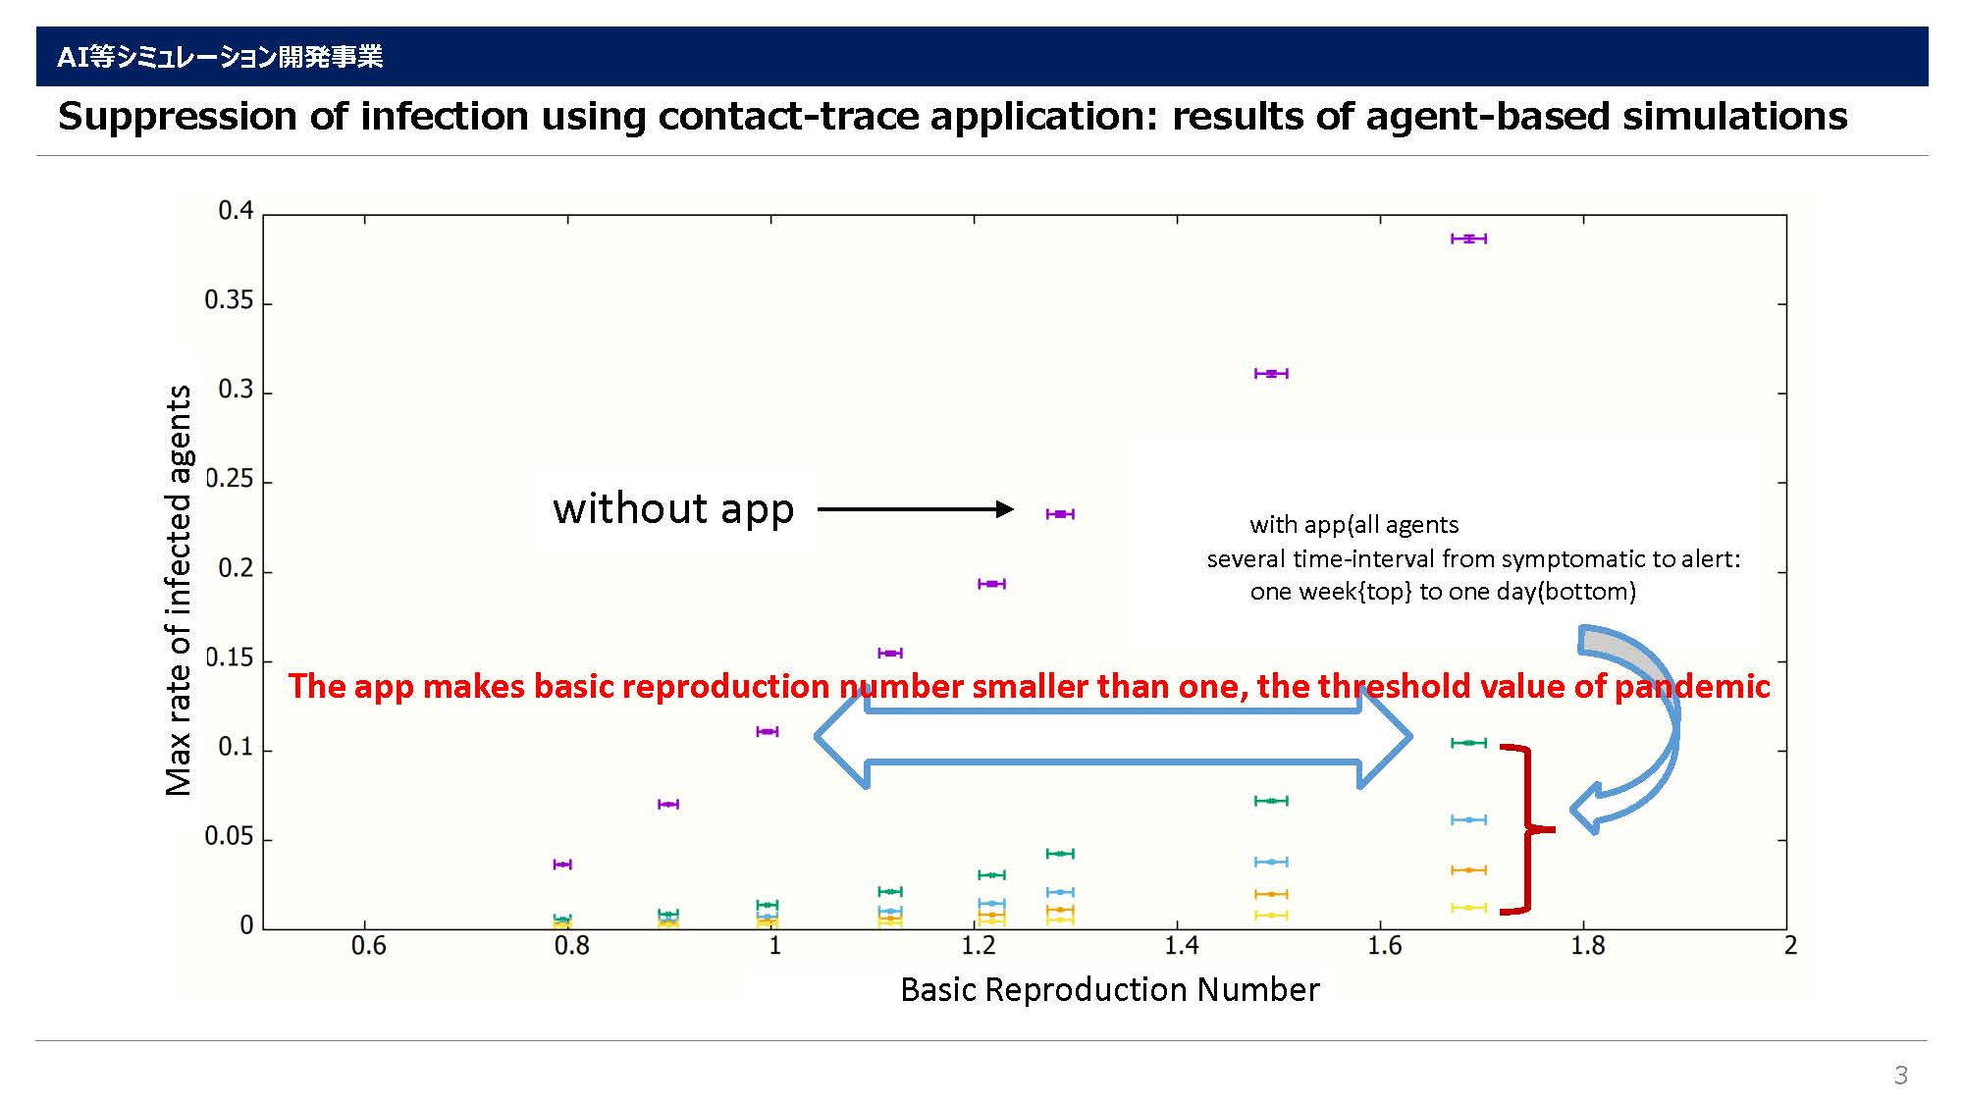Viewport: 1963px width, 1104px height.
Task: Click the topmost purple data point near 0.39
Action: (x=1468, y=238)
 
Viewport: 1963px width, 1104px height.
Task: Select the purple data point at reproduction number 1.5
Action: (x=1271, y=374)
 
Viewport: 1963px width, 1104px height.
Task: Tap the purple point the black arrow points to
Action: (x=1060, y=514)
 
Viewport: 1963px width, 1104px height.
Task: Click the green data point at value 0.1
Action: (x=1468, y=743)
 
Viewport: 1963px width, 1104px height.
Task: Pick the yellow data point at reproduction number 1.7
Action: (x=1468, y=908)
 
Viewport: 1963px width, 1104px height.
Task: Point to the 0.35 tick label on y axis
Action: (x=229, y=300)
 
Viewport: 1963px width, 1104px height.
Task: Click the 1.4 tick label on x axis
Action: (x=1181, y=946)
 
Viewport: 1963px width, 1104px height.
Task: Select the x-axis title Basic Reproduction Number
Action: (x=1110, y=989)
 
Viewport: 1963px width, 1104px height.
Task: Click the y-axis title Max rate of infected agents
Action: (x=179, y=590)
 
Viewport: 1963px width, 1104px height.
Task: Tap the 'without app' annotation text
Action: (x=673, y=508)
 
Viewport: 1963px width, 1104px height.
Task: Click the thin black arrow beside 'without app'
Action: (x=915, y=508)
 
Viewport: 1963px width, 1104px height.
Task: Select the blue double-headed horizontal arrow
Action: (x=1113, y=736)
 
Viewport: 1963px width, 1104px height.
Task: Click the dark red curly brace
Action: (x=1527, y=829)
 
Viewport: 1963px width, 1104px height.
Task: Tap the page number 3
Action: (x=1901, y=1076)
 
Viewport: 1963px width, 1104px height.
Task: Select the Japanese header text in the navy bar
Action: (x=220, y=57)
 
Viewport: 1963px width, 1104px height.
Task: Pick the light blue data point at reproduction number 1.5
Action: (x=1271, y=862)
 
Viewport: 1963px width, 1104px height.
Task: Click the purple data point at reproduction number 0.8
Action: (x=562, y=865)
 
